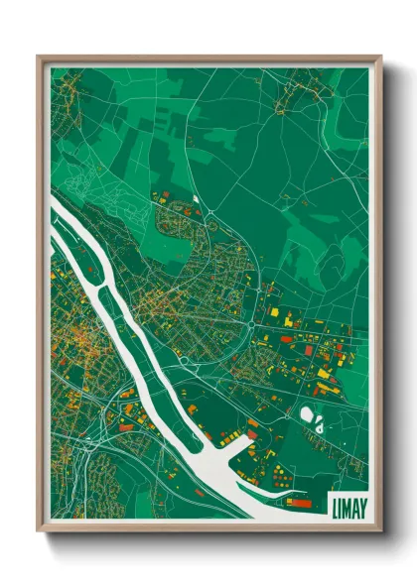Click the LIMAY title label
(346, 505)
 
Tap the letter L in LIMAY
(331, 505)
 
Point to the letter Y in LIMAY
(361, 505)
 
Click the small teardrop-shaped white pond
(320, 423)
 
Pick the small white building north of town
(196, 199)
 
